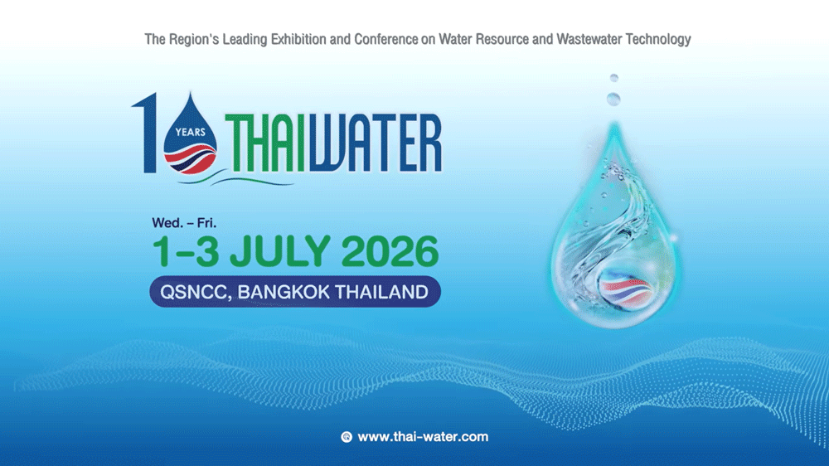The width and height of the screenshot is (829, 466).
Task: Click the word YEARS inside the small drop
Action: (x=190, y=131)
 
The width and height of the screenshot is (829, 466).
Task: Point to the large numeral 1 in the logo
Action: (x=147, y=133)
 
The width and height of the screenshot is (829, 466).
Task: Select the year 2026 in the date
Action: (x=390, y=252)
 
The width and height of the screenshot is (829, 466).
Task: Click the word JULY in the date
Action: (x=279, y=252)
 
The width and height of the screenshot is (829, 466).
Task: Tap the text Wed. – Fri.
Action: (x=184, y=222)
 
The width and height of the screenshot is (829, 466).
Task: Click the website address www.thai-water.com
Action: (x=423, y=436)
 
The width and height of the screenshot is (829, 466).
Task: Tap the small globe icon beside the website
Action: (x=347, y=436)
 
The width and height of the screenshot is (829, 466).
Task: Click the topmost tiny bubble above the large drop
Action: (x=613, y=77)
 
